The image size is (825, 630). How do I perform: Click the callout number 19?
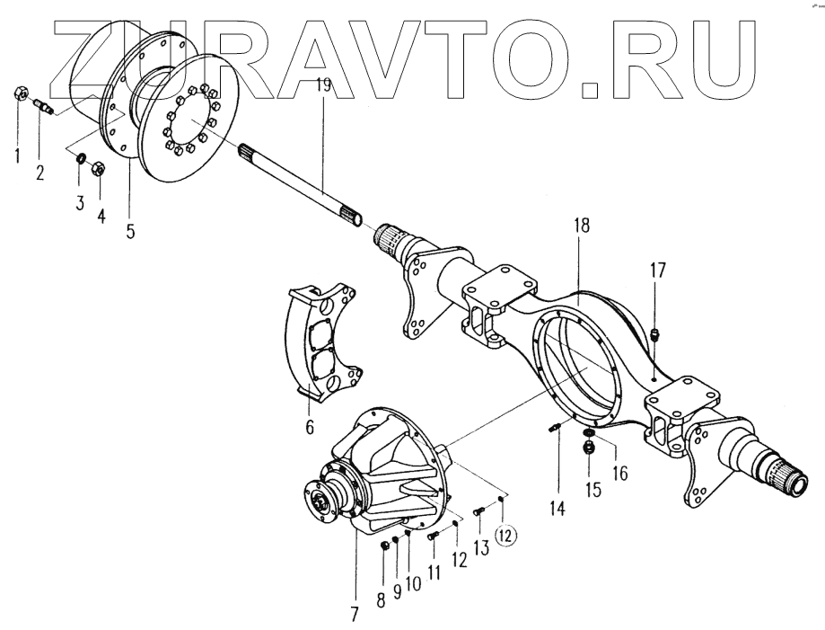323,87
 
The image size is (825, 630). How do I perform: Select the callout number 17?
659,270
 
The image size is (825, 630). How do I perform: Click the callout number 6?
310,427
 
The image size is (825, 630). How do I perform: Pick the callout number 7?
354,616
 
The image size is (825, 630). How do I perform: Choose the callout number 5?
130,230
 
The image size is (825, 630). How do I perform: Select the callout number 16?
621,471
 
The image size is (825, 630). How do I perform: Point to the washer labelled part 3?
80,160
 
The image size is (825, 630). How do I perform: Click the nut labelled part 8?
384,546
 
